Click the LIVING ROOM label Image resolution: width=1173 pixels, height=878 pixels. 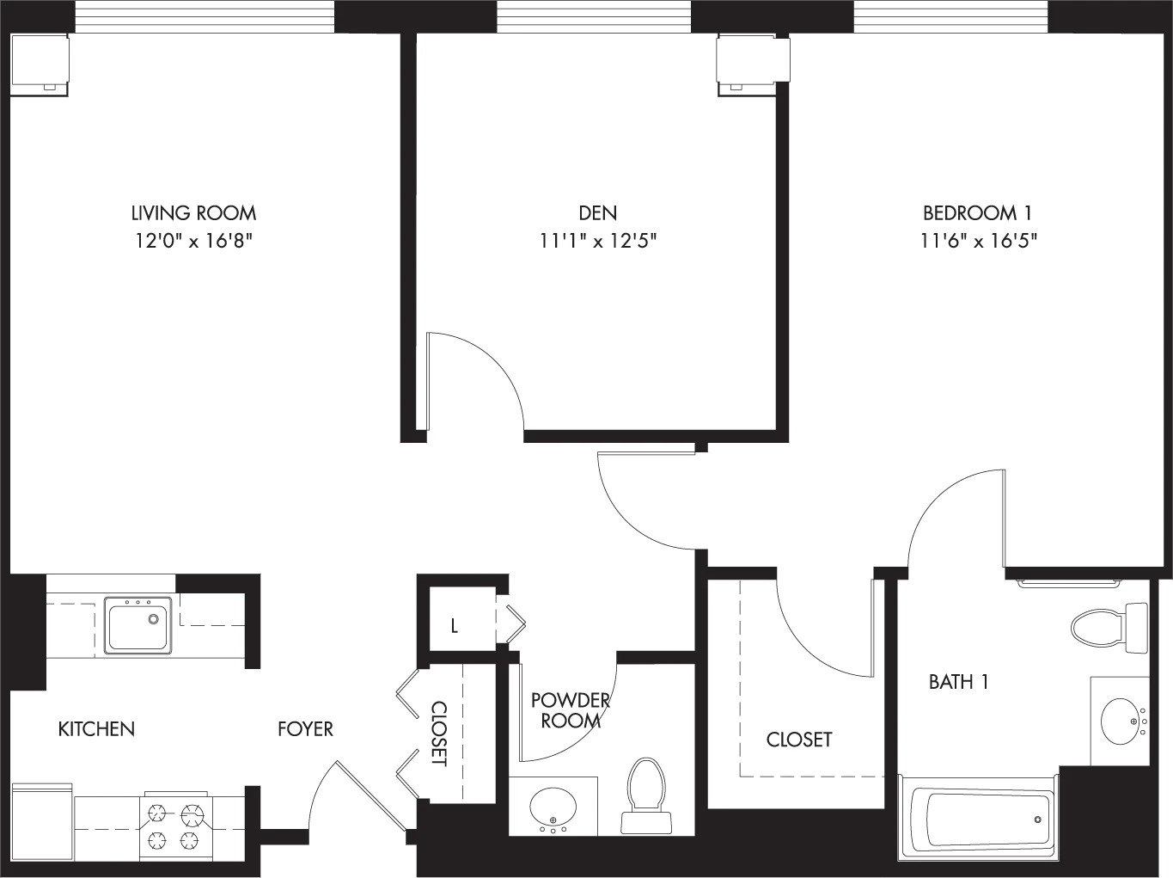(x=193, y=212)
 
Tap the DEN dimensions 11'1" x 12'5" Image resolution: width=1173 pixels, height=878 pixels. (x=598, y=241)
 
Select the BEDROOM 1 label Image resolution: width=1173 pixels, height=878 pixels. (x=977, y=212)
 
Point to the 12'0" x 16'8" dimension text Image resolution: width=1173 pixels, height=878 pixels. (x=193, y=241)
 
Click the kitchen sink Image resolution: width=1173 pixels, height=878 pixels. (x=137, y=625)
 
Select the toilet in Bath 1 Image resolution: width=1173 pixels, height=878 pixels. (x=1109, y=628)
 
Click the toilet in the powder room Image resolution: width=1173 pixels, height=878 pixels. (x=646, y=795)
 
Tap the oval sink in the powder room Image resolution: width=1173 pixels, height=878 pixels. (x=553, y=808)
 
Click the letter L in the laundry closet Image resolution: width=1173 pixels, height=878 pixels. (x=455, y=626)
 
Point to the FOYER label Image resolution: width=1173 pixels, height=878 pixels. (x=305, y=729)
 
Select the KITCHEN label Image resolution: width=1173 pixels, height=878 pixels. (x=96, y=729)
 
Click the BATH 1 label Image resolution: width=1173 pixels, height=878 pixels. (x=959, y=682)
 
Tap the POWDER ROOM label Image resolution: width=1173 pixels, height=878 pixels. (x=571, y=710)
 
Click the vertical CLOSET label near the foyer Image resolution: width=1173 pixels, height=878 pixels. (x=439, y=734)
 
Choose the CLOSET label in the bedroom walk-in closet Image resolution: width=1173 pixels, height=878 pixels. (x=799, y=740)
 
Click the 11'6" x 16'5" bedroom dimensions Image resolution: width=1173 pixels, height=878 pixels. (x=978, y=241)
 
